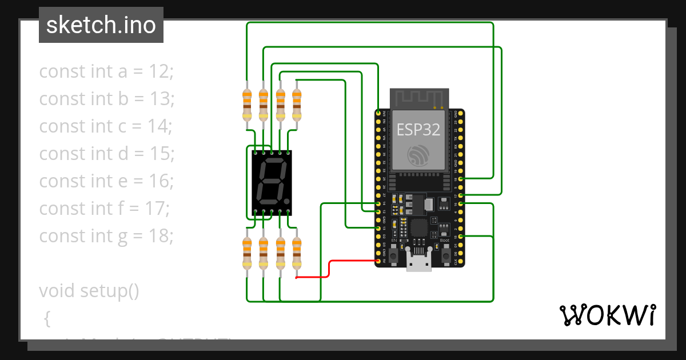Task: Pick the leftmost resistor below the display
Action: click(247, 253)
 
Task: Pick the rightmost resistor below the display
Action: click(297, 253)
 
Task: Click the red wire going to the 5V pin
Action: click(329, 269)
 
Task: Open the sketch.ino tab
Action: click(101, 25)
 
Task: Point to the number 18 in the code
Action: click(162, 235)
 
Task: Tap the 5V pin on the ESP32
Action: click(378, 261)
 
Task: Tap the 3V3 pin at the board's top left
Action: click(378, 114)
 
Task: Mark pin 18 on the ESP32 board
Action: click(461, 179)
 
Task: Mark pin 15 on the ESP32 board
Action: click(461, 236)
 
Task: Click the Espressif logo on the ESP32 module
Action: click(419, 155)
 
